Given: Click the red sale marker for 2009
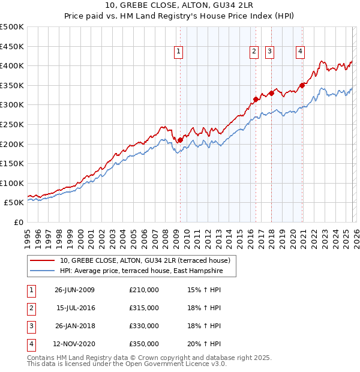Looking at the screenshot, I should click(181, 140).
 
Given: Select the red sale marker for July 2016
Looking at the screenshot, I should click(256, 99).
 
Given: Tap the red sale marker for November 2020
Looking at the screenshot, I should click(302, 85).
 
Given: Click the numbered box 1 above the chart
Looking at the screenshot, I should click(179, 52).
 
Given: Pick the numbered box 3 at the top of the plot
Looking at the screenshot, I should click(270, 52).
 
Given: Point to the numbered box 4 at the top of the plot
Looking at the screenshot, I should click(299, 52).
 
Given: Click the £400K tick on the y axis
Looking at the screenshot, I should click(12, 65).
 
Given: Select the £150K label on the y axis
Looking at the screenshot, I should click(12, 163).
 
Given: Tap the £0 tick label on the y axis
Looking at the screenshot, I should click(18, 222).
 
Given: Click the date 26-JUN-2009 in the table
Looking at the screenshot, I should click(74, 290).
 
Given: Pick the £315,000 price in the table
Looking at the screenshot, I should click(144, 308).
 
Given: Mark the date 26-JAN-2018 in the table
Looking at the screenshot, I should click(74, 326).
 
